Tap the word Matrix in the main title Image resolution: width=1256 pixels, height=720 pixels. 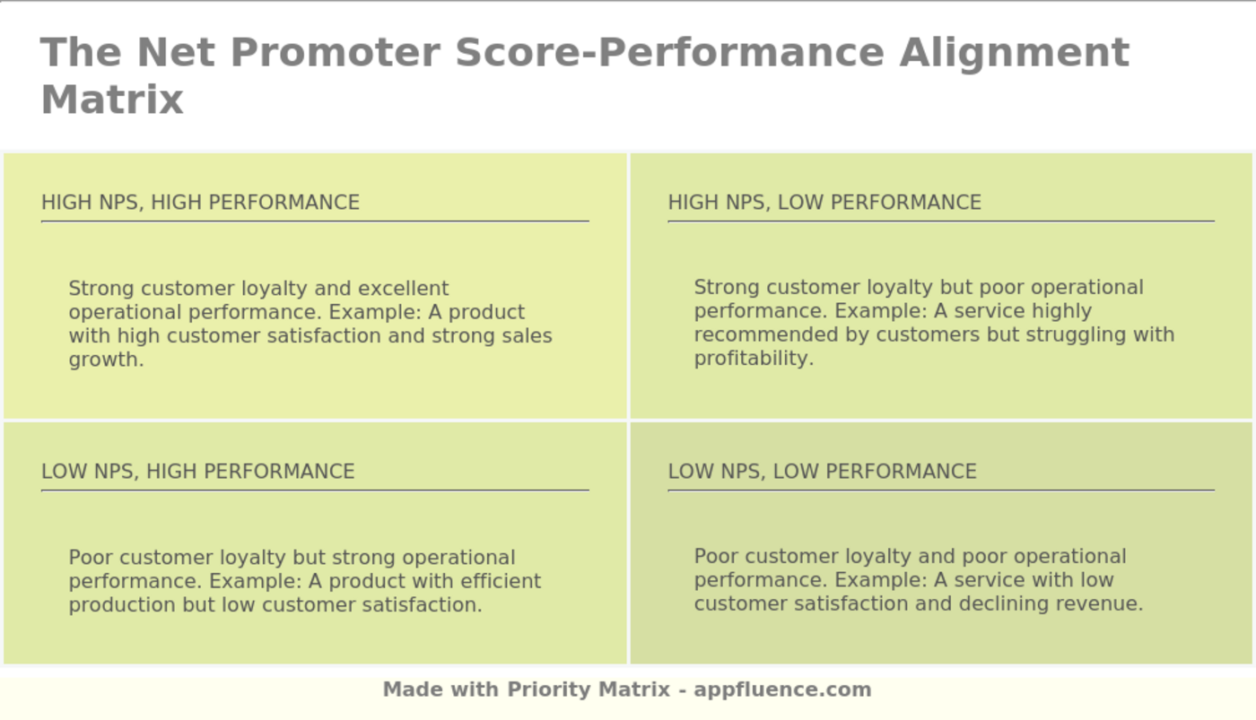coord(112,100)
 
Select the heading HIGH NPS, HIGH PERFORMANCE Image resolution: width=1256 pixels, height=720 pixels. coord(200,203)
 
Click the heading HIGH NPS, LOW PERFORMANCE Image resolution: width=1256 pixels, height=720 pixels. coord(824,203)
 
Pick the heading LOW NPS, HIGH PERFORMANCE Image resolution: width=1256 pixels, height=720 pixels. coord(197,472)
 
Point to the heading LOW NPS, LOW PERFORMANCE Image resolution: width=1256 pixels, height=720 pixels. coord(822,472)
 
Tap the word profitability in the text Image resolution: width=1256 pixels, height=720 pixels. coord(752,359)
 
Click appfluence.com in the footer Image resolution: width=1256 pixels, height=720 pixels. coord(782,690)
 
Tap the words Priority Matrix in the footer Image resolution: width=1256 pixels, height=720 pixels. coord(589,690)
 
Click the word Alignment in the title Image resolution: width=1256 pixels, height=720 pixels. coord(1014,52)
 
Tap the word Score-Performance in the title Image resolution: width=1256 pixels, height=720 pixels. coord(669,52)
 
